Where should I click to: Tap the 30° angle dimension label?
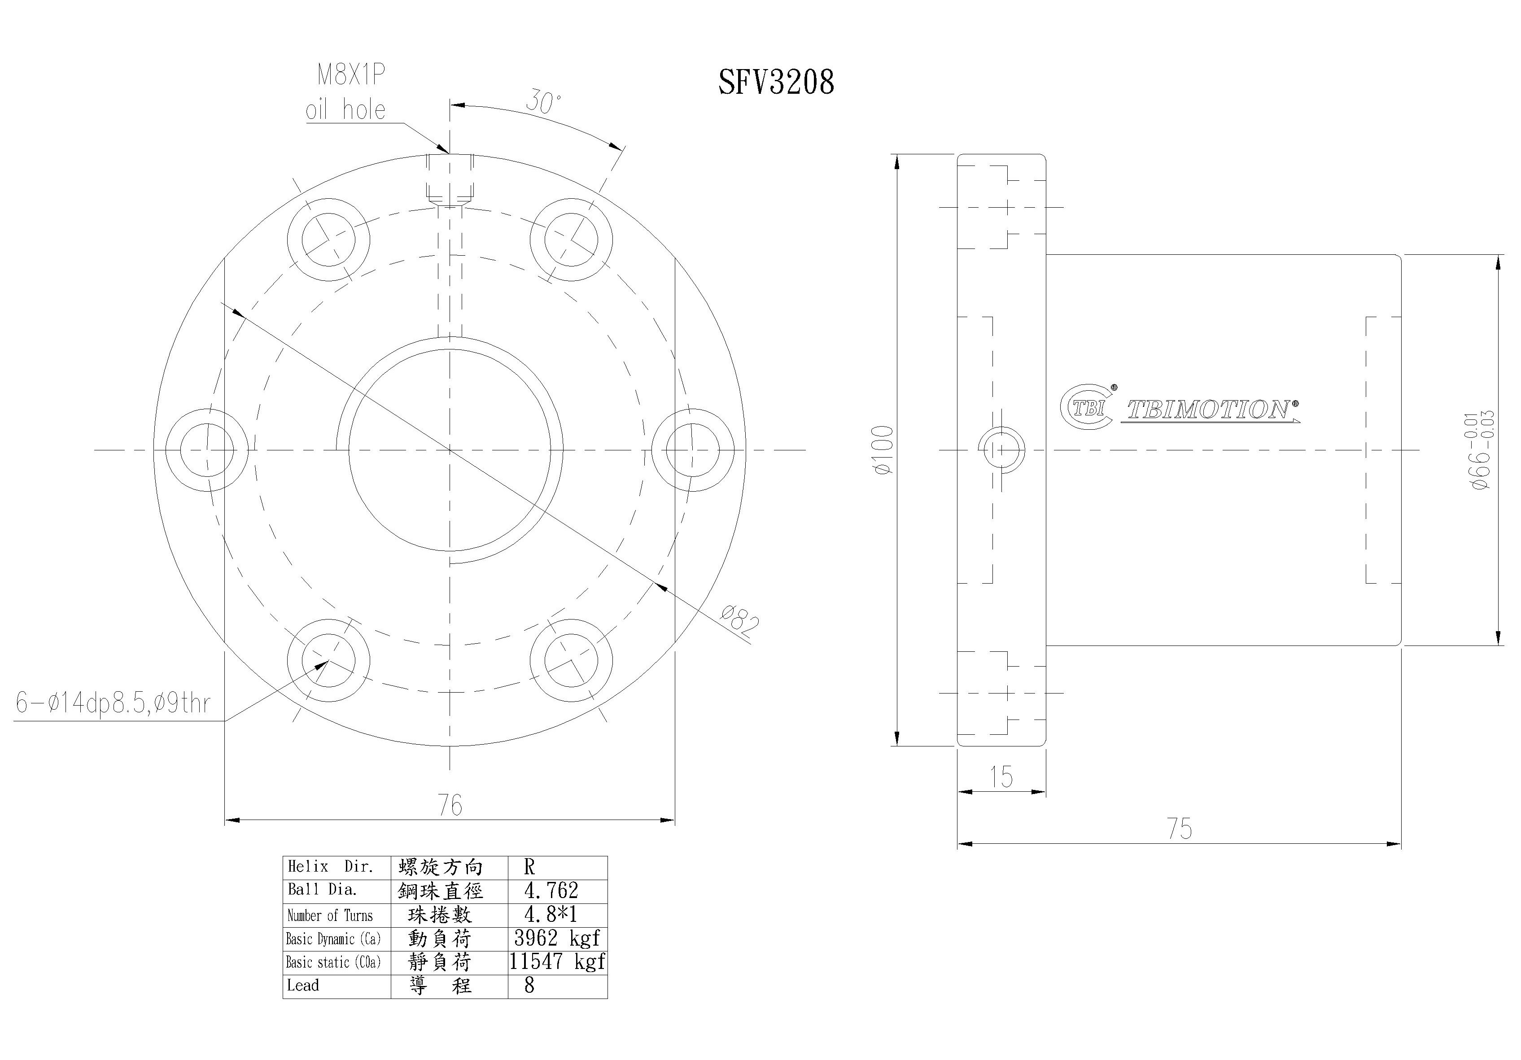click(543, 102)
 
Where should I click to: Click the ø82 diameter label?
click(739, 621)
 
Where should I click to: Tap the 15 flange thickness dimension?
click(1001, 777)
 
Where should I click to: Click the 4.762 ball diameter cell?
click(551, 890)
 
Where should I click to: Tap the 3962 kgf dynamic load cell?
click(556, 938)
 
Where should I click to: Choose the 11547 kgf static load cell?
click(556, 961)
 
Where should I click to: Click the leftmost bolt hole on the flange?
click(207, 450)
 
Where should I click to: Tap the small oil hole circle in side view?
click(1001, 450)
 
